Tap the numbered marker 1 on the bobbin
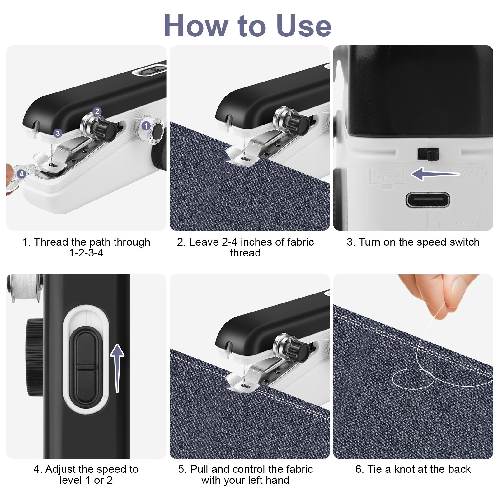(x=146, y=126)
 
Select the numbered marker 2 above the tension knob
(x=97, y=111)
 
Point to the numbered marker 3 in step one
(x=58, y=134)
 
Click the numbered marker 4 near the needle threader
(x=21, y=174)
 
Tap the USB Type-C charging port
(x=428, y=200)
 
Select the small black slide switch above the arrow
(x=428, y=154)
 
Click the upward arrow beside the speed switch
(x=117, y=367)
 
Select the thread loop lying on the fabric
(x=413, y=378)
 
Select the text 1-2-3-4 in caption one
(x=86, y=253)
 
